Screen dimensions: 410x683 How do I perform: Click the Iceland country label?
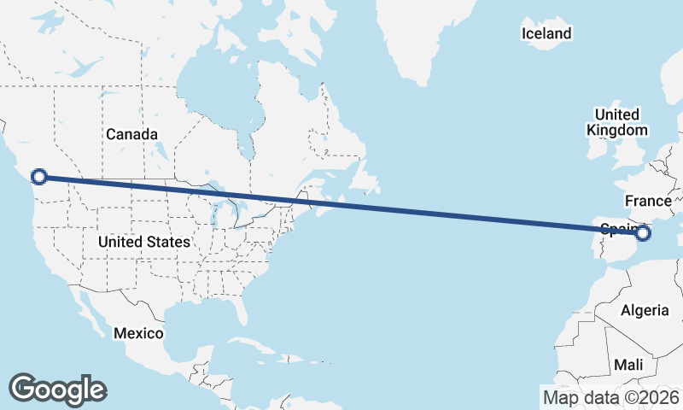pyautogui.click(x=546, y=34)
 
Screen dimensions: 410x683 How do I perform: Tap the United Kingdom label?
pyautogui.click(x=616, y=122)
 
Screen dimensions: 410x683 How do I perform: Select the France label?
pyautogui.click(x=648, y=202)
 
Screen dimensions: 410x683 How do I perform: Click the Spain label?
pyautogui.click(x=616, y=228)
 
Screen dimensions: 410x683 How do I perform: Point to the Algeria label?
pyautogui.click(x=644, y=310)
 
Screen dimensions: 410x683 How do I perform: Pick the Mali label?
pyautogui.click(x=629, y=365)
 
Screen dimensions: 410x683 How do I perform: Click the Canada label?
pyautogui.click(x=131, y=135)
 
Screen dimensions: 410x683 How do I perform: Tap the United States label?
pyautogui.click(x=143, y=243)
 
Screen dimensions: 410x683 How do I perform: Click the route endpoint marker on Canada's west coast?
pyautogui.click(x=38, y=177)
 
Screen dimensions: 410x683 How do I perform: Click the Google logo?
pyautogui.click(x=58, y=389)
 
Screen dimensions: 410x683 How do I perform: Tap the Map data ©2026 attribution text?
pyautogui.click(x=611, y=397)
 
